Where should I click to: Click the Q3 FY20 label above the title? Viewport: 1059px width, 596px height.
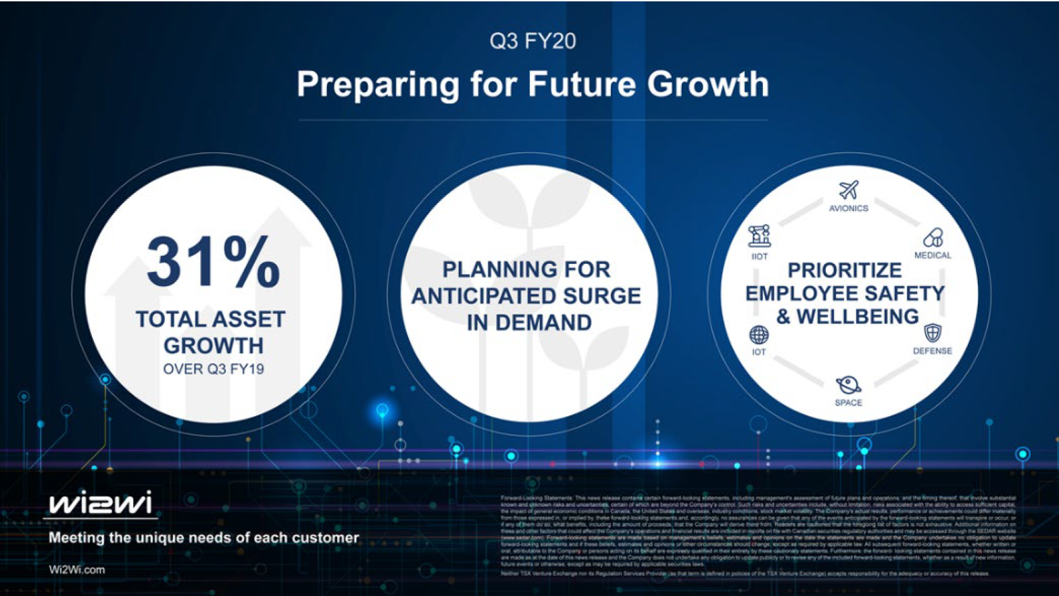533,41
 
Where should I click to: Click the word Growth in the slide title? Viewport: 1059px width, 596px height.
708,85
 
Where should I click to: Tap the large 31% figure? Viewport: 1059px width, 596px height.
213,262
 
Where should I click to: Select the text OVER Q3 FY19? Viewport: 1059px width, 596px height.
214,369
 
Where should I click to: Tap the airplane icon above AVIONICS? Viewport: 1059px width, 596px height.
848,190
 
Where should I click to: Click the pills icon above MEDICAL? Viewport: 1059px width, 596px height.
933,237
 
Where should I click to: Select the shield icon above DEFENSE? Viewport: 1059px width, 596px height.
933,333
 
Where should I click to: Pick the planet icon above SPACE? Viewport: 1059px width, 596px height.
848,385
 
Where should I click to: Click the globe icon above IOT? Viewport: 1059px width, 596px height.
759,335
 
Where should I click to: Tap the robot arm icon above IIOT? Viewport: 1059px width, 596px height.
759,236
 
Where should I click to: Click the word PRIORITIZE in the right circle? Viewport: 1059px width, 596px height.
845,271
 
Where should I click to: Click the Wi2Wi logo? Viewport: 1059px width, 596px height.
100,503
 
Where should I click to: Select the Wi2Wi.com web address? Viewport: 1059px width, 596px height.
77,570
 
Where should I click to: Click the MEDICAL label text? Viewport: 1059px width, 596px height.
933,255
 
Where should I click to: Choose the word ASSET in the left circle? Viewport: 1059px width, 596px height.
251,319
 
